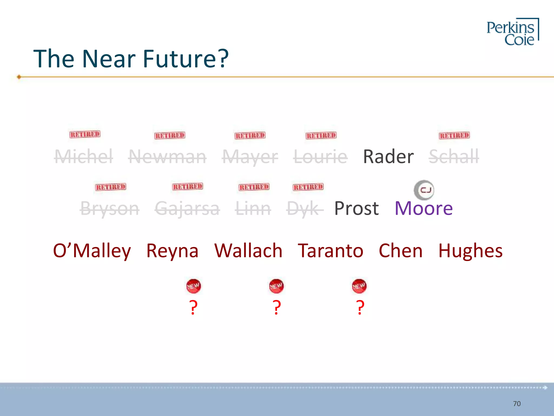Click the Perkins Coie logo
[512, 32]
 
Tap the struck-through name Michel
[84, 157]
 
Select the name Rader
[388, 157]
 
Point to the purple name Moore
[424, 208]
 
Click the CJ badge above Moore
[424, 190]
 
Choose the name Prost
[357, 208]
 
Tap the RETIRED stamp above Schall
[454, 135]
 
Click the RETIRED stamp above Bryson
[111, 187]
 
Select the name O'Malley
[92, 251]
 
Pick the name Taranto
[331, 251]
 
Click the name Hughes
[470, 251]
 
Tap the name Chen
[401, 251]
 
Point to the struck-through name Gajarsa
[187, 209]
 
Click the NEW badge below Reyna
[193, 286]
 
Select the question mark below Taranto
[360, 307]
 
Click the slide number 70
[517, 404]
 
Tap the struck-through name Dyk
[305, 209]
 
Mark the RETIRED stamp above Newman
[170, 135]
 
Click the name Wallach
[248, 251]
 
